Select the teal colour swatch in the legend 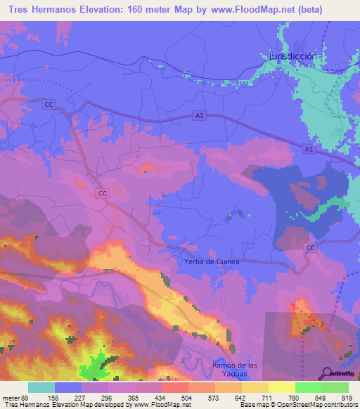click(41, 387)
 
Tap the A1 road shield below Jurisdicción click(309, 149)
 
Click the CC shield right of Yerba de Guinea click(310, 248)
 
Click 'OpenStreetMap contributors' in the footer click(313, 405)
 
